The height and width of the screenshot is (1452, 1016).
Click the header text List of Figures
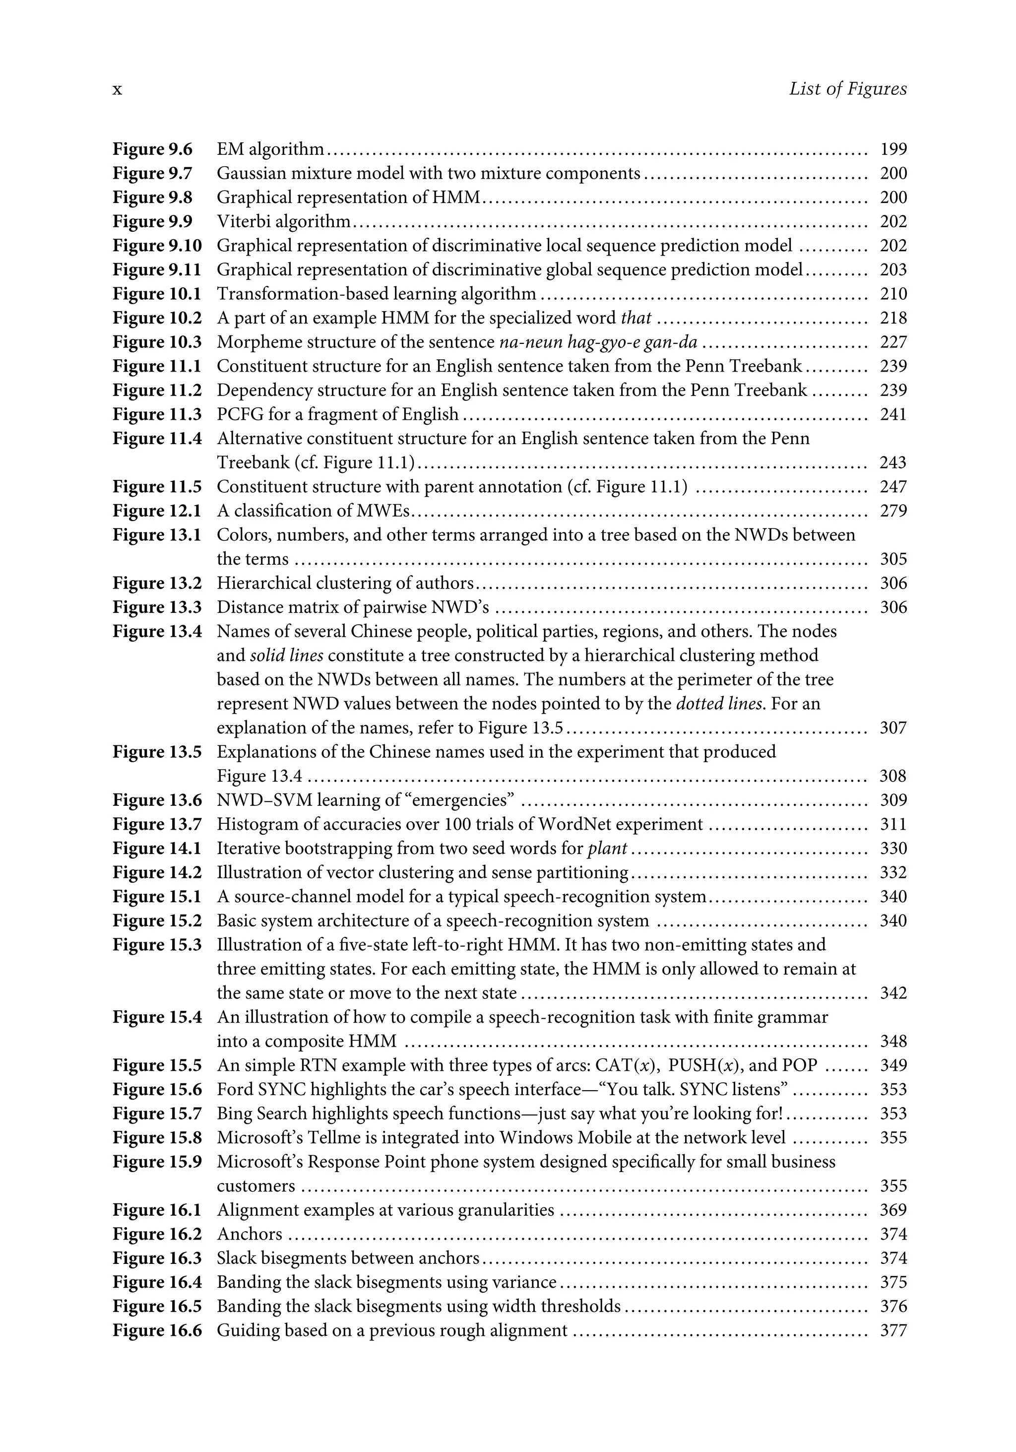(847, 89)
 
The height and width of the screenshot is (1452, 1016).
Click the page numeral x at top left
(117, 90)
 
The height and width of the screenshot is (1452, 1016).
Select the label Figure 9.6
(152, 149)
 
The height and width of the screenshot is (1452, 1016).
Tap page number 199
(892, 149)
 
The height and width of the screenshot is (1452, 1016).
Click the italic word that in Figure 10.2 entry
(636, 318)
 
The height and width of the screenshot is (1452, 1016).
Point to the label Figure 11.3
(157, 414)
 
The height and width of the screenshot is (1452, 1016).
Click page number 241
(892, 414)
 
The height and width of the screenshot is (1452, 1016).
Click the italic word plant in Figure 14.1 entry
(607, 848)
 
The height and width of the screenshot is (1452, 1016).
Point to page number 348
(892, 1041)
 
